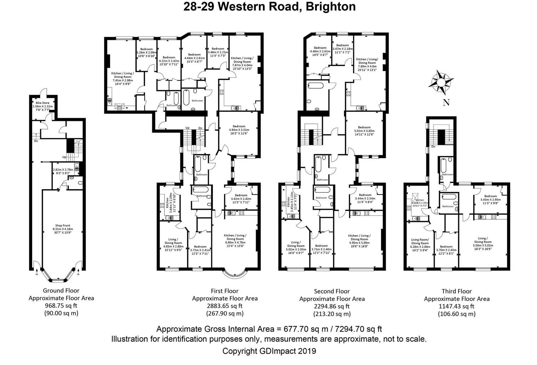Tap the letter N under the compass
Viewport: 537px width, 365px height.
[446, 103]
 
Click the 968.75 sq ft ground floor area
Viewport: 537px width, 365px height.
[61, 306]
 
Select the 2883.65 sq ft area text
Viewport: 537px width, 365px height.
[225, 306]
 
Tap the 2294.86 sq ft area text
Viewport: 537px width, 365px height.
[332, 306]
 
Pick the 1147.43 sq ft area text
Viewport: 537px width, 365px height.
[457, 306]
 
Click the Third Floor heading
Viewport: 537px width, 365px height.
[457, 291]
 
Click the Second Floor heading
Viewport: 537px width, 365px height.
[332, 291]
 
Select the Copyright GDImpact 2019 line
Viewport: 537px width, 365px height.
[269, 351]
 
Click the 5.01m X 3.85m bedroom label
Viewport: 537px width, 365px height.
[364, 131]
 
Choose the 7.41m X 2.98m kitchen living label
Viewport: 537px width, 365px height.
[122, 80]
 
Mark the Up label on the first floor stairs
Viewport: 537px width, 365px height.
[187, 128]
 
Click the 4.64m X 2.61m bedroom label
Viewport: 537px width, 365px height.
[195, 58]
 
